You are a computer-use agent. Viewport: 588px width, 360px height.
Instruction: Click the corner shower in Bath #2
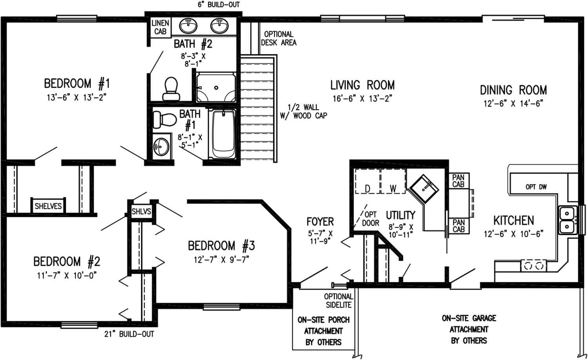(x=216, y=87)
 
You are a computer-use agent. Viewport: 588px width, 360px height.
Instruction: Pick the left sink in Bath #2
(x=188, y=26)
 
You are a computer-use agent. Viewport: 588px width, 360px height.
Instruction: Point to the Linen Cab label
(x=160, y=27)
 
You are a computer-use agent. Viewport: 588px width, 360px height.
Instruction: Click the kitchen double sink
(x=566, y=220)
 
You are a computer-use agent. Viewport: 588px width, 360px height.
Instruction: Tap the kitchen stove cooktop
(x=533, y=265)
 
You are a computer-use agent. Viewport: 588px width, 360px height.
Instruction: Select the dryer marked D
(x=367, y=182)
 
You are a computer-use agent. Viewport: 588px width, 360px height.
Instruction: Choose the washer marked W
(x=393, y=182)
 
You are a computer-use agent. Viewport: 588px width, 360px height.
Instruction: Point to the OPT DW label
(x=536, y=187)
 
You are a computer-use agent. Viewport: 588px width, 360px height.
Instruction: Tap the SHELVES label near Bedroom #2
(x=48, y=206)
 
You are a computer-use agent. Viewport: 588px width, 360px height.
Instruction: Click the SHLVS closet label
(x=141, y=212)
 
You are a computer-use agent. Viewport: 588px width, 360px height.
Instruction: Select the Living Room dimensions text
(x=362, y=98)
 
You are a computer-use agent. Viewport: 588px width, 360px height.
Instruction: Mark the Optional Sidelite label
(x=338, y=301)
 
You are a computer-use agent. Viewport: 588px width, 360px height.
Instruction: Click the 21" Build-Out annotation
(x=129, y=334)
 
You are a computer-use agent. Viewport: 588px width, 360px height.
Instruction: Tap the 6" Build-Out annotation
(x=218, y=5)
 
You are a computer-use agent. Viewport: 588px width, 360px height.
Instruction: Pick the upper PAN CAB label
(x=458, y=181)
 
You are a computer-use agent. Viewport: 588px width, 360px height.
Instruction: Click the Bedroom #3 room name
(x=221, y=246)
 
